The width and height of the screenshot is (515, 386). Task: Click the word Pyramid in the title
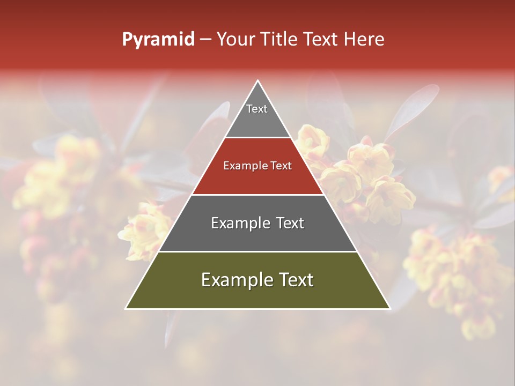click(x=158, y=40)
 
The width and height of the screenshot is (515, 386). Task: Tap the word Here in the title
click(x=364, y=39)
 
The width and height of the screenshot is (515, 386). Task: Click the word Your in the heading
click(x=237, y=40)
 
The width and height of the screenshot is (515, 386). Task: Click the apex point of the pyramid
click(x=258, y=81)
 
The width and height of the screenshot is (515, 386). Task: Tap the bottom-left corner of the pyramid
click(x=126, y=308)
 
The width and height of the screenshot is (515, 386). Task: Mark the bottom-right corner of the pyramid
click(x=389, y=308)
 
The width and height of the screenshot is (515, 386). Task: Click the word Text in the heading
click(x=320, y=39)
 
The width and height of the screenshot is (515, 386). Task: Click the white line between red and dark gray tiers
click(x=257, y=195)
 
